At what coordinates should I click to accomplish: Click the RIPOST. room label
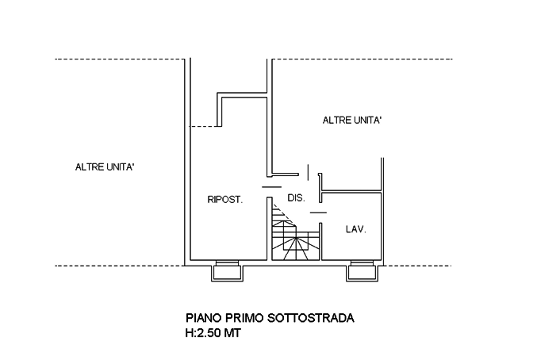point(224,200)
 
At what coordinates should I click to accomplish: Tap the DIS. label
point(295,197)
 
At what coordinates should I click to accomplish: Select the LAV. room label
point(355,229)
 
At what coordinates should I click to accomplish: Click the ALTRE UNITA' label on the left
point(105,167)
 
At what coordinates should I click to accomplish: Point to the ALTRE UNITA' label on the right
point(352,121)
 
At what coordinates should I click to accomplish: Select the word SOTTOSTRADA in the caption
point(312,319)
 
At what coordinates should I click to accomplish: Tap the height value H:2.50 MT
point(212,334)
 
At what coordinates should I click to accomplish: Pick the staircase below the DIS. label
point(293,234)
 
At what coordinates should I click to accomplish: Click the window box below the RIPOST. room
point(228,273)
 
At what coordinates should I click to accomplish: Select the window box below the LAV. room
point(364,273)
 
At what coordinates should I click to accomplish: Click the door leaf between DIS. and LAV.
point(317,213)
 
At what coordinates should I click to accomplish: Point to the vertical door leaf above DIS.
point(307,171)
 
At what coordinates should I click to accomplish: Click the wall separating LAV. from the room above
point(351,191)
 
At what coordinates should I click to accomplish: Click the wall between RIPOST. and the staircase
point(266,230)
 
